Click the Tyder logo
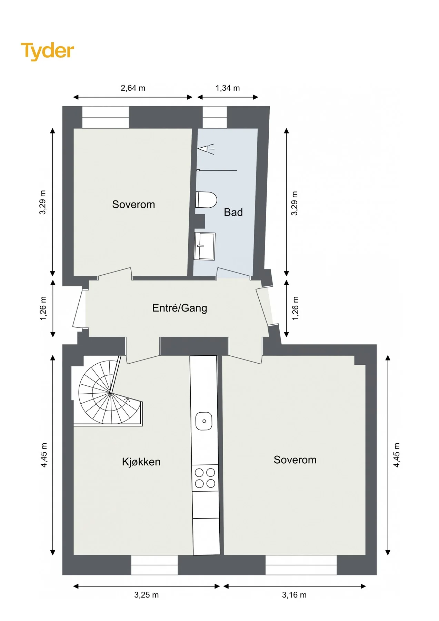[x=47, y=51]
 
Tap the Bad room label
[x=233, y=212]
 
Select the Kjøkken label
[x=141, y=462]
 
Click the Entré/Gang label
[x=180, y=308]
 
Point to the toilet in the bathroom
[x=206, y=200]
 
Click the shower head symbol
[x=206, y=149]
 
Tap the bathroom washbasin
[x=205, y=246]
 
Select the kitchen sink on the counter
[x=204, y=421]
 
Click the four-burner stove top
[x=205, y=477]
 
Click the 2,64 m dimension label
[x=133, y=88]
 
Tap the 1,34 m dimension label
[x=228, y=88]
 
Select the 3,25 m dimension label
[x=147, y=595]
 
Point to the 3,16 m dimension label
[x=294, y=595]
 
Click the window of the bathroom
[x=214, y=117]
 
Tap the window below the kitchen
[x=154, y=565]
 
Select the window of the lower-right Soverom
[x=301, y=565]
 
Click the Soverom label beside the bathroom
[x=133, y=204]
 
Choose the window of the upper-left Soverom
[x=106, y=117]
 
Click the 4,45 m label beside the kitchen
[x=44, y=455]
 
